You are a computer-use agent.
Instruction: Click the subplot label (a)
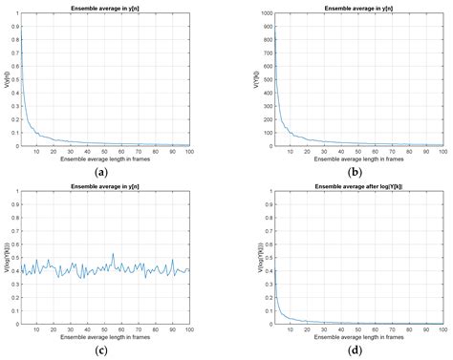pyautogui.click(x=101, y=171)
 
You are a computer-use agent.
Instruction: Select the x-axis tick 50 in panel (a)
pyautogui.click(x=104, y=151)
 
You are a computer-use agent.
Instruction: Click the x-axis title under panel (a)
pyautogui.click(x=104, y=159)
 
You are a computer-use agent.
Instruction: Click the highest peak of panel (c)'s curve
pyautogui.click(x=113, y=254)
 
